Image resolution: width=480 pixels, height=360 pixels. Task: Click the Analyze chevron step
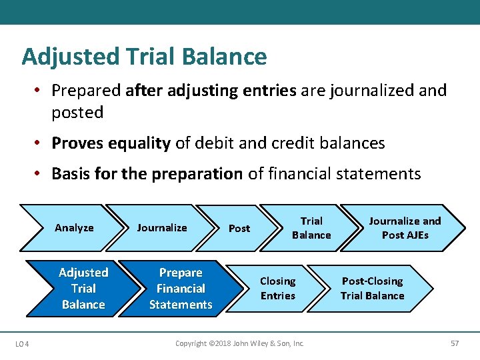click(x=74, y=228)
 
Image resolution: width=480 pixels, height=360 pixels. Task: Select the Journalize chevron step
click(x=162, y=228)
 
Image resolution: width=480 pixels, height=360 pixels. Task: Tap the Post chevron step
click(x=239, y=229)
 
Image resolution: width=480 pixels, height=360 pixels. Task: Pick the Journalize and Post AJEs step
click(x=405, y=228)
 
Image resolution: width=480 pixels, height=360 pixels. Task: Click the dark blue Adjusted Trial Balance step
click(x=83, y=288)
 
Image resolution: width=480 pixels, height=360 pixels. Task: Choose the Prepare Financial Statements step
click(x=181, y=288)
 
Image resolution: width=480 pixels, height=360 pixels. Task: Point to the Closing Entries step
click(x=277, y=288)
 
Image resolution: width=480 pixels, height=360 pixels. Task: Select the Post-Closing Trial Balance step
click(x=372, y=288)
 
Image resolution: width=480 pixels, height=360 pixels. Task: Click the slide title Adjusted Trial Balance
click(x=144, y=57)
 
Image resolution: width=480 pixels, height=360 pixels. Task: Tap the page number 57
click(x=455, y=343)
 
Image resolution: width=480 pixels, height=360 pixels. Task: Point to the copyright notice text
click(x=239, y=343)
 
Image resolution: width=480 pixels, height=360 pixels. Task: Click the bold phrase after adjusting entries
click(x=211, y=90)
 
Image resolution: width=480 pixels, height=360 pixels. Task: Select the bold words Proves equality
click(x=111, y=143)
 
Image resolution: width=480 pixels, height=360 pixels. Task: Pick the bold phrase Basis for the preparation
click(x=147, y=174)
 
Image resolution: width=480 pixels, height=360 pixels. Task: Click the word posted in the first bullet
click(x=77, y=113)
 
